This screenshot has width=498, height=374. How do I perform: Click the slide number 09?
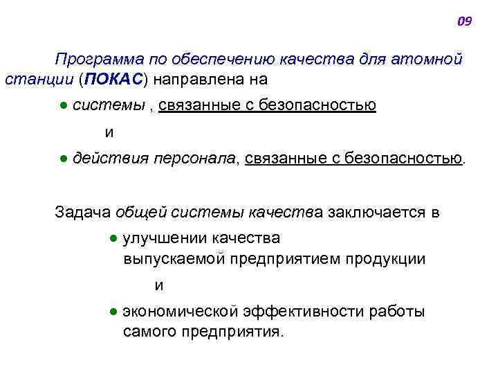pyautogui.click(x=465, y=21)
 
